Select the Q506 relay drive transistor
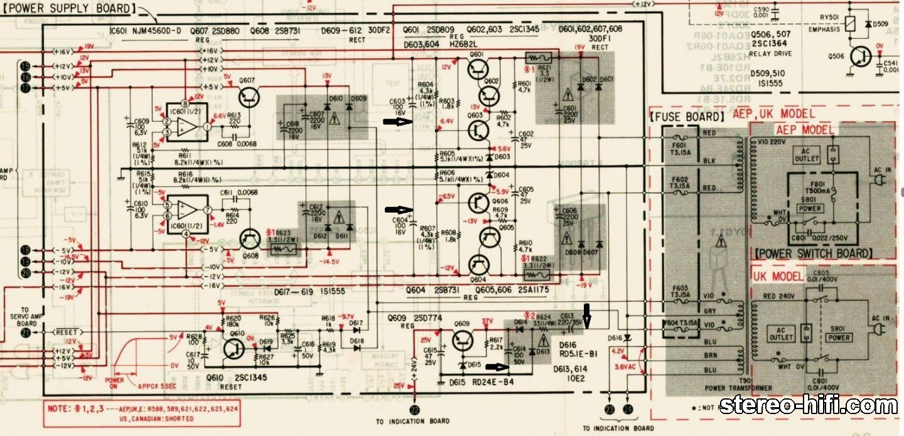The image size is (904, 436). [x=857, y=58]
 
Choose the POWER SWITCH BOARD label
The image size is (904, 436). [x=814, y=253]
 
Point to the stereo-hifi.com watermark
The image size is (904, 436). [x=808, y=407]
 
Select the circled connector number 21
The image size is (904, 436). [x=25, y=332]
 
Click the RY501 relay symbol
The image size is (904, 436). [x=850, y=24]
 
